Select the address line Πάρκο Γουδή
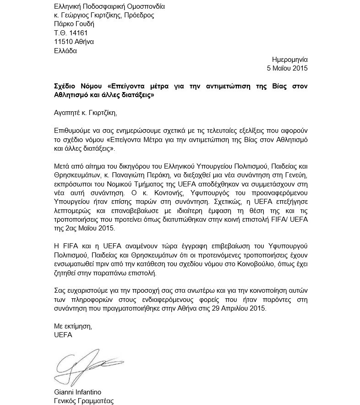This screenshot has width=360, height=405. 72,24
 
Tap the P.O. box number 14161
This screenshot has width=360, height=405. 78,33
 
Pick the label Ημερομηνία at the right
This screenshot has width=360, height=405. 290,60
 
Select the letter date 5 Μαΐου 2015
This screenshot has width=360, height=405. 288,68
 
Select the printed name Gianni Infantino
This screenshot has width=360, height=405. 77,392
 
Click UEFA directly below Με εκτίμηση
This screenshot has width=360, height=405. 63,335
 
